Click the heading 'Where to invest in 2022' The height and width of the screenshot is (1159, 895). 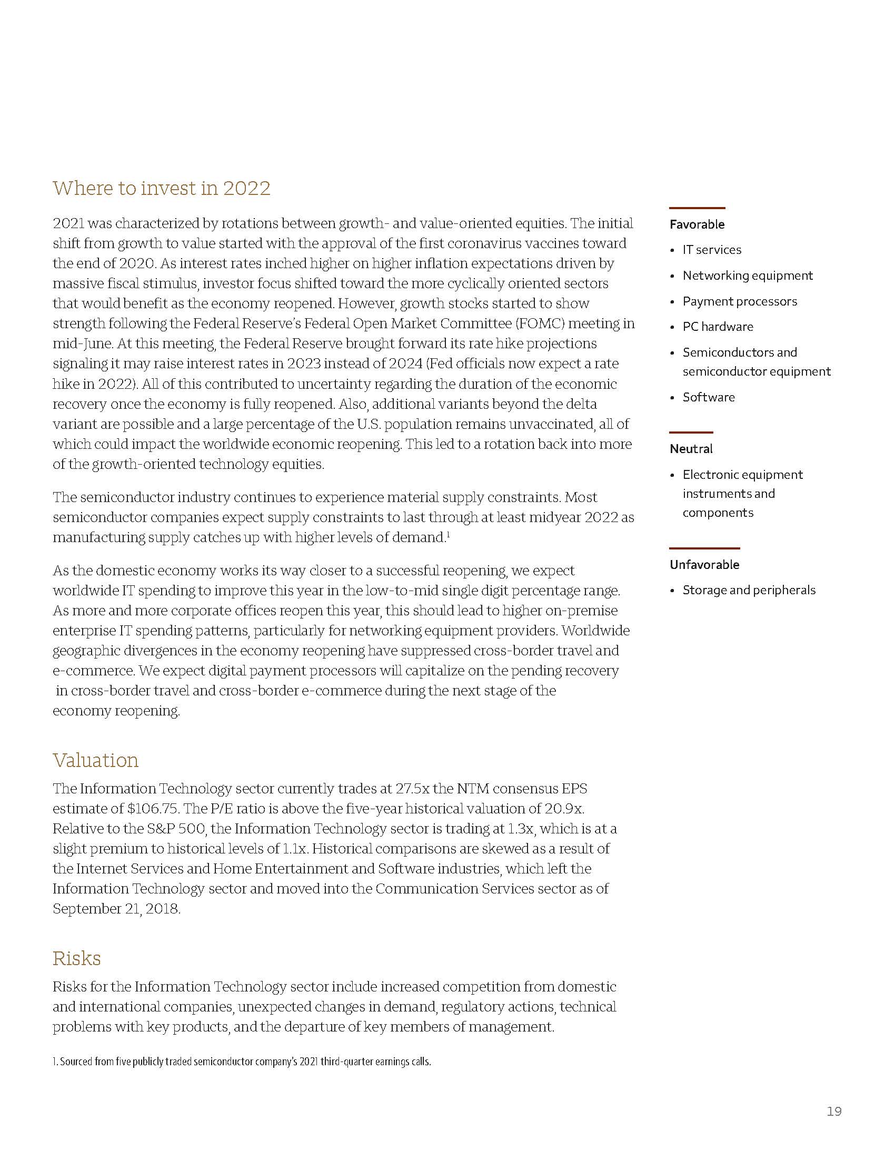pos(161,189)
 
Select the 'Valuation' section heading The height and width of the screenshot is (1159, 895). pos(95,760)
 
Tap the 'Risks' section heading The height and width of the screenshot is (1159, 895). pos(76,958)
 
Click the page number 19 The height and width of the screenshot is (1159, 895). pos(834,1111)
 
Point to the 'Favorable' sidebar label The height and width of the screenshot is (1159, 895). pos(697,224)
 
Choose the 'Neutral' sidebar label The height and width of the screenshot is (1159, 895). pos(691,449)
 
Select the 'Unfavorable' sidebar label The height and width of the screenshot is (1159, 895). pos(704,565)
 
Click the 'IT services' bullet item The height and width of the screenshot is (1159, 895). pos(712,250)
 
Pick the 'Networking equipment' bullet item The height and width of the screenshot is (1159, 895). pos(747,276)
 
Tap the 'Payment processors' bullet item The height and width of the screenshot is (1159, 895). pos(739,301)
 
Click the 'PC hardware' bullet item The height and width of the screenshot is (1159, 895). pos(718,327)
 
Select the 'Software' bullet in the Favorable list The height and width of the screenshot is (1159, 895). pos(708,397)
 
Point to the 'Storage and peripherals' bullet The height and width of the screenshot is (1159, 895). pos(749,590)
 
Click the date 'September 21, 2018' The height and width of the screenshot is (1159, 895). pos(116,909)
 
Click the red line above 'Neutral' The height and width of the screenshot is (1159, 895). pos(691,433)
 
